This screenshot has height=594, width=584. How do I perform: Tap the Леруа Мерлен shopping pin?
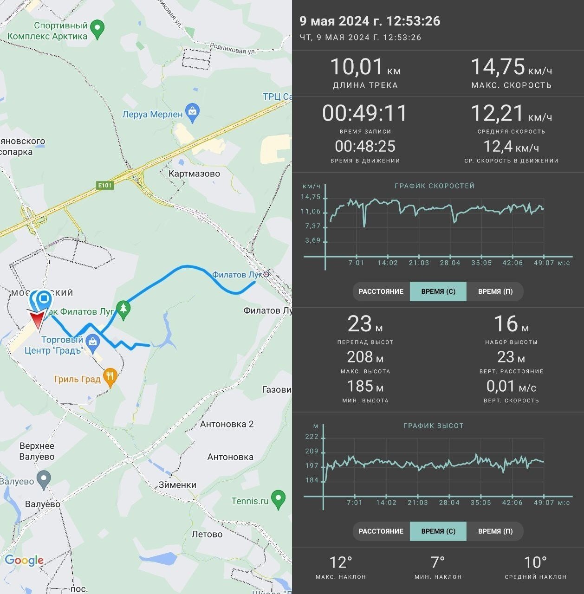coord(193,113)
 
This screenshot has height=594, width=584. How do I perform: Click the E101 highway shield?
coord(105,185)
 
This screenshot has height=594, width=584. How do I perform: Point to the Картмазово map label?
coord(194,174)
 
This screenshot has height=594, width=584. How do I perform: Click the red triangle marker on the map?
coord(37,320)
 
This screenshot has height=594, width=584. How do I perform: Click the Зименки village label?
coord(177,485)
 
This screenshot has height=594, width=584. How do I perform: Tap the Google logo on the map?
coord(24,560)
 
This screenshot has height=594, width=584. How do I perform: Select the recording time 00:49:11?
coord(365,113)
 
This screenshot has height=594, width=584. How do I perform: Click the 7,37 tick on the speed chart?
coord(313,226)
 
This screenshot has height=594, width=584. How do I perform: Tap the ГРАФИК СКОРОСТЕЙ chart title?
coord(435,186)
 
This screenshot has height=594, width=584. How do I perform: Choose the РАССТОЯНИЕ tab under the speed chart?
coord(381,291)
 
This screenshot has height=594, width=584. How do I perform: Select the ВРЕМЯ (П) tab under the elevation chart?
coord(495,531)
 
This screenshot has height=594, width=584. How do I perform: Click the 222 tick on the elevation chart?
coord(311,437)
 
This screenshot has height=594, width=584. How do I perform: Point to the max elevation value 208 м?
coord(365,357)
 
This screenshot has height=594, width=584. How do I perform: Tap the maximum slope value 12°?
coord(341,562)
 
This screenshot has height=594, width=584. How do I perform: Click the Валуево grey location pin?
coord(44,480)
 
